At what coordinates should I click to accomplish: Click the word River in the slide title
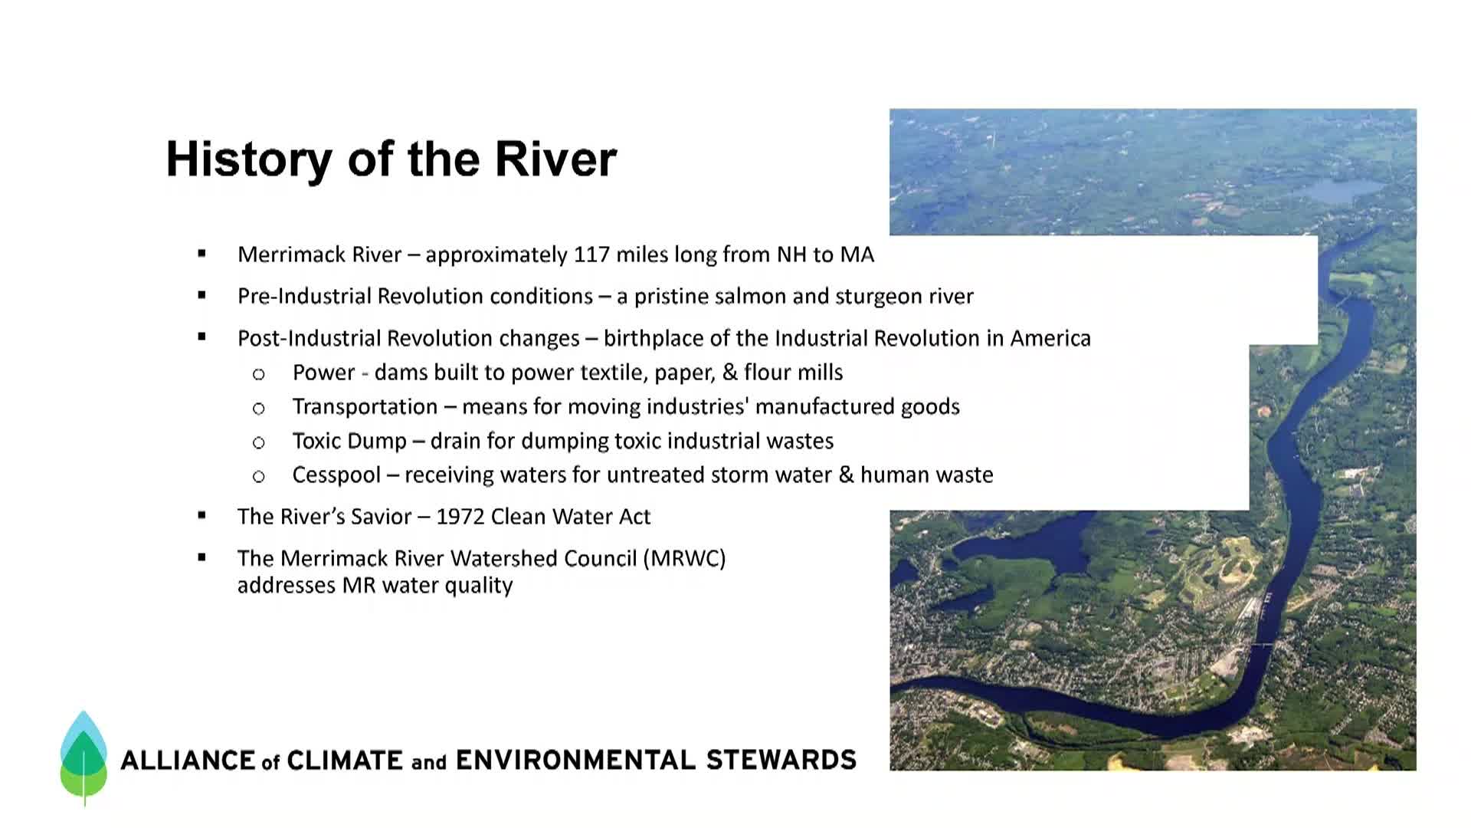pos(555,159)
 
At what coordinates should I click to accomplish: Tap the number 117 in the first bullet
pos(592,255)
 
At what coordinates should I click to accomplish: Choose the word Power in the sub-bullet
pos(323,373)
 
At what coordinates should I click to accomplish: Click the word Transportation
pos(365,406)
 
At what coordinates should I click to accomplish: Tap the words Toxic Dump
pos(349,441)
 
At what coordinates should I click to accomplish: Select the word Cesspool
pos(336,475)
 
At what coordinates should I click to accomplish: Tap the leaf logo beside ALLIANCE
pos(84,757)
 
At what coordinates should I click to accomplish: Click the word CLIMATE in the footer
pos(344,761)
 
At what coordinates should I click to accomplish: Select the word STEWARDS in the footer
pos(781,760)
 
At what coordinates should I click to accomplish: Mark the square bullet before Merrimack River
pos(201,253)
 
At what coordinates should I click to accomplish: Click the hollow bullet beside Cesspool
pos(259,477)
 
